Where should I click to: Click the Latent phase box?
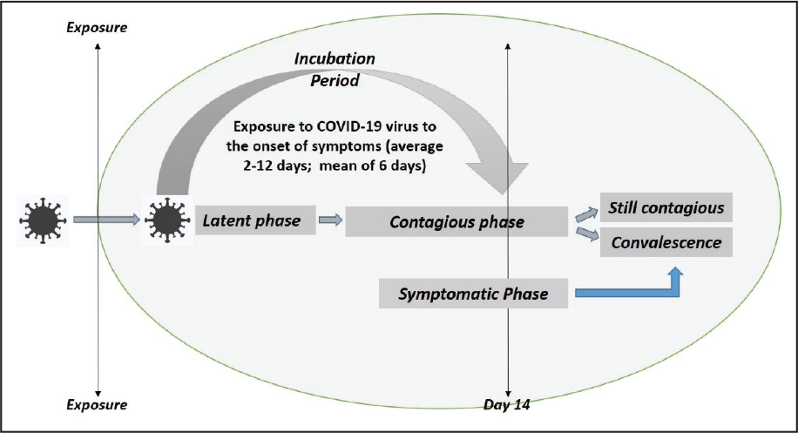click(x=255, y=220)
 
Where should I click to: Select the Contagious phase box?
click(x=456, y=222)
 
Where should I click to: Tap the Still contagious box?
click(x=666, y=207)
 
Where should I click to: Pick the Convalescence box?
click(x=666, y=242)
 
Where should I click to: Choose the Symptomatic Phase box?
click(x=473, y=294)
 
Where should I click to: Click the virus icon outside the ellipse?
click(x=43, y=220)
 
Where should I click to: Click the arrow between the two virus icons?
click(x=106, y=220)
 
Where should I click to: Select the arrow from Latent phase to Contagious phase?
click(x=331, y=220)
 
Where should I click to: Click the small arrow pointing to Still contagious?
click(x=587, y=214)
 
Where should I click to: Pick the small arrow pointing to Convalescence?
click(x=587, y=234)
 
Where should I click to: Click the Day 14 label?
click(x=506, y=405)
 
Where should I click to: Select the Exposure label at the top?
click(x=97, y=28)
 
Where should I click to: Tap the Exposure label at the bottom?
click(x=97, y=405)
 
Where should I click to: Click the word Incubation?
click(x=335, y=58)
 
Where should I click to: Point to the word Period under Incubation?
click(x=335, y=80)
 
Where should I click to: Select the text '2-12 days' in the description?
click(x=274, y=166)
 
